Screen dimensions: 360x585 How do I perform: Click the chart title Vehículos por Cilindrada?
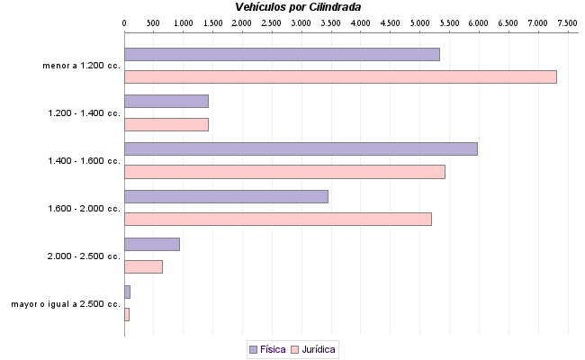click(298, 6)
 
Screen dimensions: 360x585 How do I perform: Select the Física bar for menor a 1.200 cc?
click(282, 54)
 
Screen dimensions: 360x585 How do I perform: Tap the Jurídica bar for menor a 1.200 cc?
click(340, 76)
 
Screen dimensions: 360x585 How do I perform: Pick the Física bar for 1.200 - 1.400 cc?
click(166, 101)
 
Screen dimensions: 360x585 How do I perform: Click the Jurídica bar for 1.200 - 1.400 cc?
click(166, 124)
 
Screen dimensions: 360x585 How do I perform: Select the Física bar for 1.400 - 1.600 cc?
click(301, 148)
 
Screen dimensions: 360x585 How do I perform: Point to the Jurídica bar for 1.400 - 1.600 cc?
click(284, 172)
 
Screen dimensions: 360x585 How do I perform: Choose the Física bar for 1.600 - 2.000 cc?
click(226, 196)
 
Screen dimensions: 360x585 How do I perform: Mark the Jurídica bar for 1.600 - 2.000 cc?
click(278, 219)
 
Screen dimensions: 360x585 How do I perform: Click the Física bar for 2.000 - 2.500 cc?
click(152, 244)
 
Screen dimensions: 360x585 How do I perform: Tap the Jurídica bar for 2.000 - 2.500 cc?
click(143, 266)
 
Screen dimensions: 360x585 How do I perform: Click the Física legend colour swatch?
click(252, 348)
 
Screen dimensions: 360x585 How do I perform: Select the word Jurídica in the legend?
click(319, 348)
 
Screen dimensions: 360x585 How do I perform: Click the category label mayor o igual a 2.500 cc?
click(66, 304)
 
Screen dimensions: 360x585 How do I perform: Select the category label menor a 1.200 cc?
click(81, 66)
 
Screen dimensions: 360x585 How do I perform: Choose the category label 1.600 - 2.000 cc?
click(84, 209)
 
